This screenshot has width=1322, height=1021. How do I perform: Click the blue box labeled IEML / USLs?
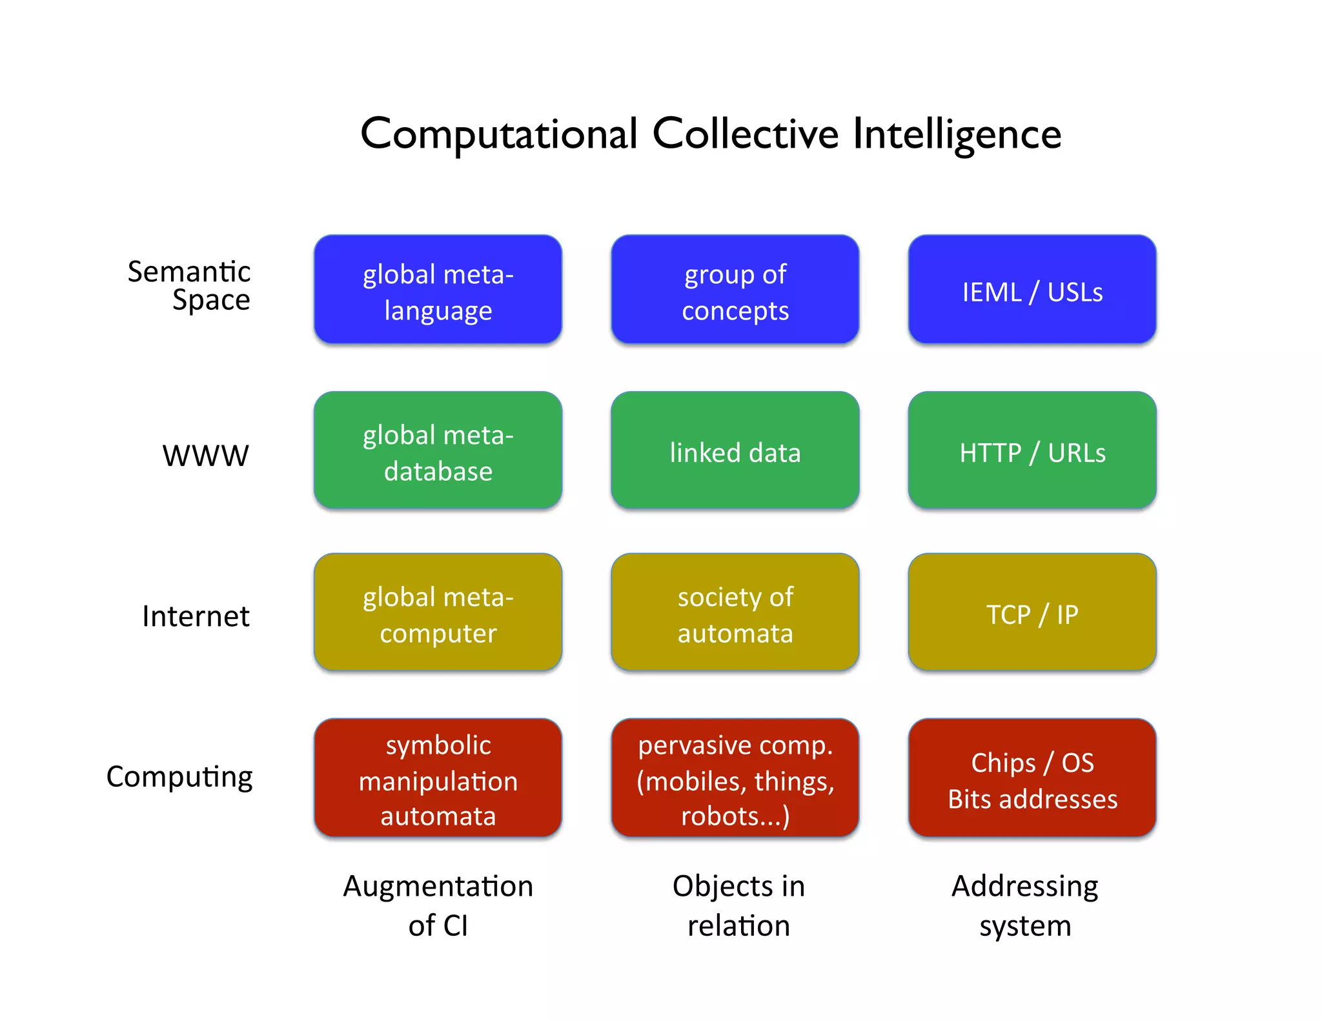click(x=1032, y=290)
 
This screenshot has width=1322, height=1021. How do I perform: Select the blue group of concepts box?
click(x=735, y=290)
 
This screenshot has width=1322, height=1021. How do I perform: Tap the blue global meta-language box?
click(x=438, y=290)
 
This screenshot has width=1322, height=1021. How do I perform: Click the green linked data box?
click(x=735, y=450)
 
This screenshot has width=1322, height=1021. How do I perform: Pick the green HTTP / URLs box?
click(x=1032, y=450)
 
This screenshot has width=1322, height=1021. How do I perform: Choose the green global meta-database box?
click(x=438, y=450)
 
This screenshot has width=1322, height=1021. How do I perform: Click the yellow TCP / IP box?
click(x=1032, y=612)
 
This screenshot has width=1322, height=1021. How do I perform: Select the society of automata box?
click(x=735, y=612)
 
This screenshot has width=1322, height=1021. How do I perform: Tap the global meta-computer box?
click(x=438, y=612)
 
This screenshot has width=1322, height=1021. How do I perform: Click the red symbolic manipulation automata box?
click(x=438, y=778)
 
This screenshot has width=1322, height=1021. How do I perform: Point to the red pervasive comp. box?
click(x=735, y=778)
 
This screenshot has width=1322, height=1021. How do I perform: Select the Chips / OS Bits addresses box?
click(x=1032, y=778)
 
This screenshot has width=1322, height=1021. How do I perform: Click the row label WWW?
click(x=205, y=456)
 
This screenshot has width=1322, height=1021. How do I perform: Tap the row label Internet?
click(x=196, y=616)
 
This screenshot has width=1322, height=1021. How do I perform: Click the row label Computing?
click(x=179, y=777)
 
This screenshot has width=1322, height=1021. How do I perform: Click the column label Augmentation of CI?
click(x=438, y=905)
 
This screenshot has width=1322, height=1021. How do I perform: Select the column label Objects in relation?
click(x=738, y=905)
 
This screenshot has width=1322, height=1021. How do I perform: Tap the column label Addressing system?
click(x=1025, y=905)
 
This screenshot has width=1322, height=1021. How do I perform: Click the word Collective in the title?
click(x=746, y=134)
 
